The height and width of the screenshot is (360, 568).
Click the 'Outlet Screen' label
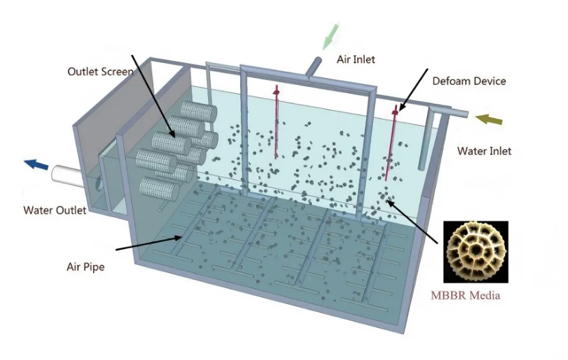pyautogui.click(x=101, y=71)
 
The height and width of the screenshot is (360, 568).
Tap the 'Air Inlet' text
pyautogui.click(x=356, y=60)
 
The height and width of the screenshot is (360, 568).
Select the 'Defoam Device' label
pyautogui.click(x=469, y=81)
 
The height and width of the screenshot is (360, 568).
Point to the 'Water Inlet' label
pyautogui.click(x=485, y=151)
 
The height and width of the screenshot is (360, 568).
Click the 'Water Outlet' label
pyautogui.click(x=55, y=210)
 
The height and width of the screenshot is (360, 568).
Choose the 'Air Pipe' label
pyautogui.click(x=86, y=267)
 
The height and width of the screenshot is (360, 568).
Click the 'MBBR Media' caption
pyautogui.click(x=465, y=296)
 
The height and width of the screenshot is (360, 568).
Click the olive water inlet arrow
pyautogui.click(x=489, y=119)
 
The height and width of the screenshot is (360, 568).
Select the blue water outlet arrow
pyautogui.click(x=36, y=164)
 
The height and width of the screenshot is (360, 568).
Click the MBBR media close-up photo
pyautogui.click(x=476, y=252)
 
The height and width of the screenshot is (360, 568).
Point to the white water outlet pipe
pyautogui.click(x=69, y=176)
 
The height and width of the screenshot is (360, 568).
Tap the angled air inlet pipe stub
pyautogui.click(x=313, y=66)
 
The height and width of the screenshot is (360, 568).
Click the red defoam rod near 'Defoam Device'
pyautogui.click(x=391, y=143)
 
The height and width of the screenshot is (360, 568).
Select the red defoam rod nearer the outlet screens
pyautogui.click(x=276, y=122)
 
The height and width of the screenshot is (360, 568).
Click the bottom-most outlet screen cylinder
pyautogui.click(x=159, y=189)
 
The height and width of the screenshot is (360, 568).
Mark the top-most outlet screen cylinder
pyautogui.click(x=199, y=111)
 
